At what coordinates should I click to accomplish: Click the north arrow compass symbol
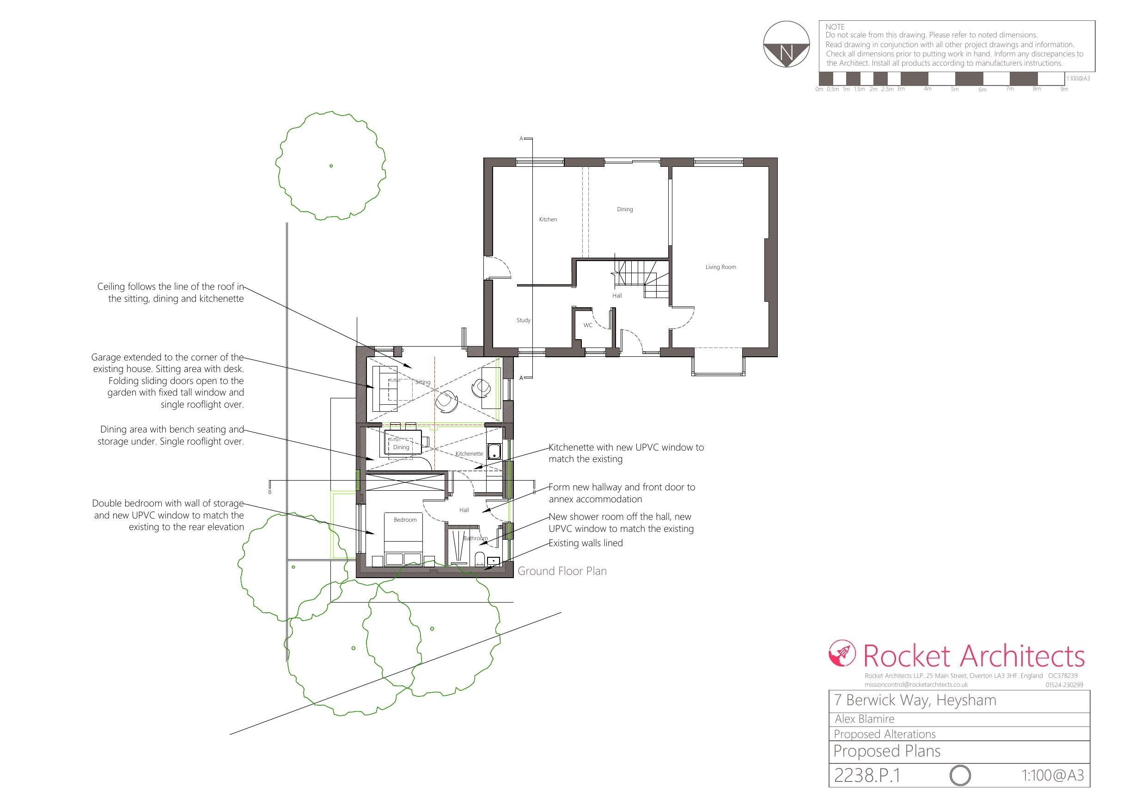coord(787,44)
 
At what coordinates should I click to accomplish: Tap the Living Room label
coord(720,267)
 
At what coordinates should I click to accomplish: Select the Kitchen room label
coord(548,220)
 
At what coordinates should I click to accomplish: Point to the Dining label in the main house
coord(624,209)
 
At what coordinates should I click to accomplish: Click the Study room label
coord(523,320)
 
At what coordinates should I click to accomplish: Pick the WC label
coord(588,325)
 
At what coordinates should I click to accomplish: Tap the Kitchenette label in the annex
coord(469,454)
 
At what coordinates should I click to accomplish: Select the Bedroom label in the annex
coord(405,520)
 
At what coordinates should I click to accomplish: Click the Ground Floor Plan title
coord(562,571)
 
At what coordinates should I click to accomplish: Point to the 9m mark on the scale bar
coord(1064,90)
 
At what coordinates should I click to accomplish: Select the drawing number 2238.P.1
coord(867,775)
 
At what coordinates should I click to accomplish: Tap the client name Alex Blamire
coord(864,719)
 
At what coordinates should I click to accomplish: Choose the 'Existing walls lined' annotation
coord(586,543)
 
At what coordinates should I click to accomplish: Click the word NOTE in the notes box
coord(835,27)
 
